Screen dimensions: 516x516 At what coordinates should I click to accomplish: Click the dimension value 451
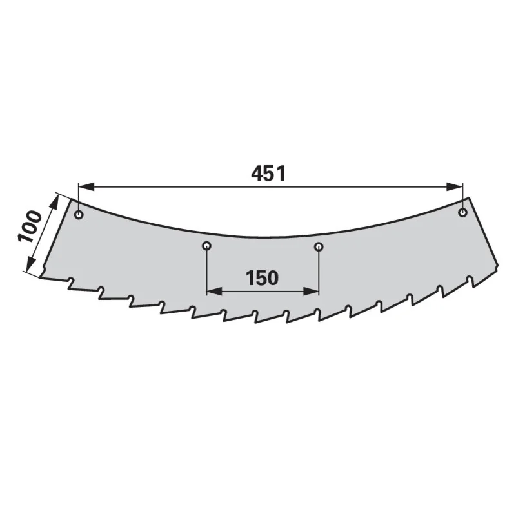pos(268,174)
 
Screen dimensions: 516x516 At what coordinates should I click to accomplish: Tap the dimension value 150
pos(263,278)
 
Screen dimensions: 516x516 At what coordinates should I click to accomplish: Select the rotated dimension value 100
pos(30,227)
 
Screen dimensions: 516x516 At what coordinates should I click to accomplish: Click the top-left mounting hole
pos(79,215)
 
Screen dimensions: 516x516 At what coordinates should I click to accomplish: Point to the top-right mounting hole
pos(463,213)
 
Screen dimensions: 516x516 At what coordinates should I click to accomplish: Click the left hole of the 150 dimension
pos(206,246)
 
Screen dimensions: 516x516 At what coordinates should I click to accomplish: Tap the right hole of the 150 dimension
pos(319,246)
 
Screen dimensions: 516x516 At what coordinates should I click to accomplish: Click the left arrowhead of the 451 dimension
pos(86,187)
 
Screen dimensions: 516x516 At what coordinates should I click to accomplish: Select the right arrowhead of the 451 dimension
pos(455,187)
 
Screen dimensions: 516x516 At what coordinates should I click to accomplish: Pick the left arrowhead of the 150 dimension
pos(214,292)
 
